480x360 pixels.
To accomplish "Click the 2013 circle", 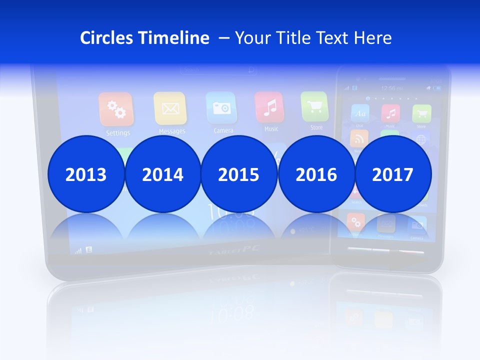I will [86, 174].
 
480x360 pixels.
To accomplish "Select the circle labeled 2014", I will [162, 174].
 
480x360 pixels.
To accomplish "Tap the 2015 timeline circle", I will [238, 174].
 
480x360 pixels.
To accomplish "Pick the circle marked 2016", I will [316, 174].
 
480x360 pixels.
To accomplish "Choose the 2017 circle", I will [392, 174].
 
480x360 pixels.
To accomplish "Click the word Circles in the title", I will [107, 37].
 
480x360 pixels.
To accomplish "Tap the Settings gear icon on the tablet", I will [116, 109].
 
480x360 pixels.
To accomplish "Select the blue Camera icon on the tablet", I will [221, 107].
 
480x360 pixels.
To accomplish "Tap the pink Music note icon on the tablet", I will [269, 106].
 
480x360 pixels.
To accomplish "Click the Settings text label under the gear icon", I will [118, 133].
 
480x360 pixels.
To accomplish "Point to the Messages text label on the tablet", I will [172, 131].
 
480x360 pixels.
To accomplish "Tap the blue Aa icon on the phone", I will [360, 113].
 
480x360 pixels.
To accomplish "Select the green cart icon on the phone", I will [421, 113].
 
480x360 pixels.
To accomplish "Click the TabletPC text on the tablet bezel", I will [234, 249].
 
